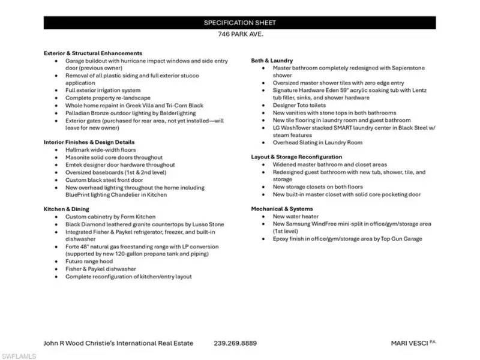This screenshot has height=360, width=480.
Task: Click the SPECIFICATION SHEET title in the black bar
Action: click(239, 23)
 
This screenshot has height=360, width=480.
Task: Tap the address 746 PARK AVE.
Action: click(239, 35)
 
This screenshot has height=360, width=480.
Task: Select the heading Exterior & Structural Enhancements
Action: click(93, 53)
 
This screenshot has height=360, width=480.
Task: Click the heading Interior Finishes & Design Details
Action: click(90, 142)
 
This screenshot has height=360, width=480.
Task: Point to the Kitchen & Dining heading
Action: click(67, 209)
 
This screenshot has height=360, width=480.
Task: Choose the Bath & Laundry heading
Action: click(272, 61)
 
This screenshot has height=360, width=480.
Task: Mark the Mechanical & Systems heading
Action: click(281, 209)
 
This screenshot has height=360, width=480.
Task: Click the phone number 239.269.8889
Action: click(235, 343)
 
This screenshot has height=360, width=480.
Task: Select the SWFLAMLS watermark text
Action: click(18, 355)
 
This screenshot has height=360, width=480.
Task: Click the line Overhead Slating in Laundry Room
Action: click(317, 143)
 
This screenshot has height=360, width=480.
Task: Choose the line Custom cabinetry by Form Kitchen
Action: click(110, 217)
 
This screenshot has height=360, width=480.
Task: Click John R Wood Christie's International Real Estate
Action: click(119, 343)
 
